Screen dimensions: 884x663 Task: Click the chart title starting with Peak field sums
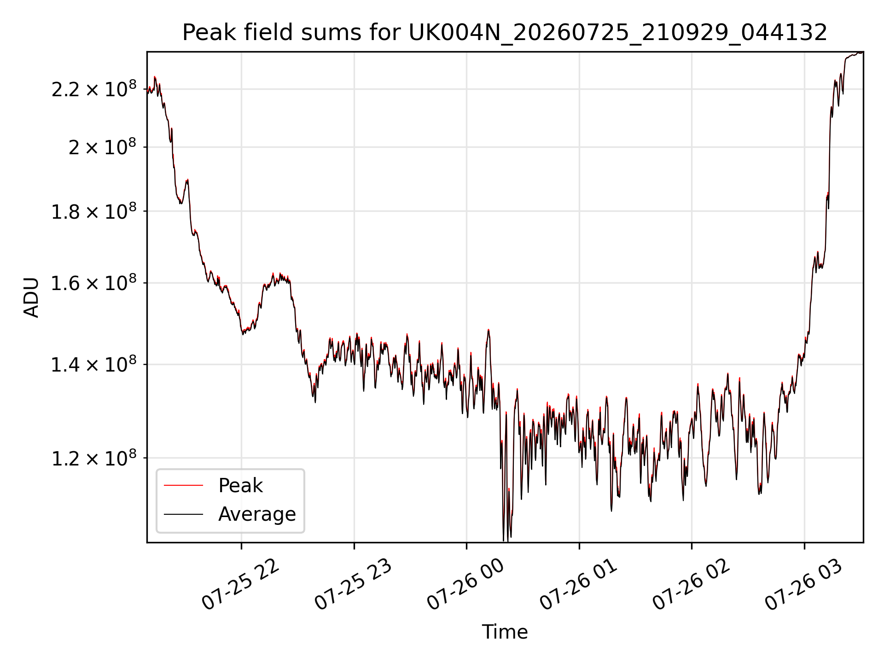[505, 33]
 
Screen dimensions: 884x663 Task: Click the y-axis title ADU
[31, 297]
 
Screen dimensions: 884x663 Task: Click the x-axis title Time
[505, 632]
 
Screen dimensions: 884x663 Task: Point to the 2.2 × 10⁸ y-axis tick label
[94, 89]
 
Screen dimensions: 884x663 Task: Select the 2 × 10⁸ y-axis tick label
[103, 147]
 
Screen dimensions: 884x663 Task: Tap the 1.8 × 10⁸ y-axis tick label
[94, 211]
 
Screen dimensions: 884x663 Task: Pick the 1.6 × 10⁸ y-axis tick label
[94, 283]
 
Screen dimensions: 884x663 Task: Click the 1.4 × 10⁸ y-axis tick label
[94, 365]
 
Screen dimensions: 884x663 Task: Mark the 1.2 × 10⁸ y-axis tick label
[94, 458]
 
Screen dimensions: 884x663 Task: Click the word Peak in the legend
[240, 486]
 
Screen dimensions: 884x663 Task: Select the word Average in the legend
[257, 514]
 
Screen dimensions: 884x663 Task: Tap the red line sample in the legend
[183, 485]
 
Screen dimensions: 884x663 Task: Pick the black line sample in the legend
[183, 514]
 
